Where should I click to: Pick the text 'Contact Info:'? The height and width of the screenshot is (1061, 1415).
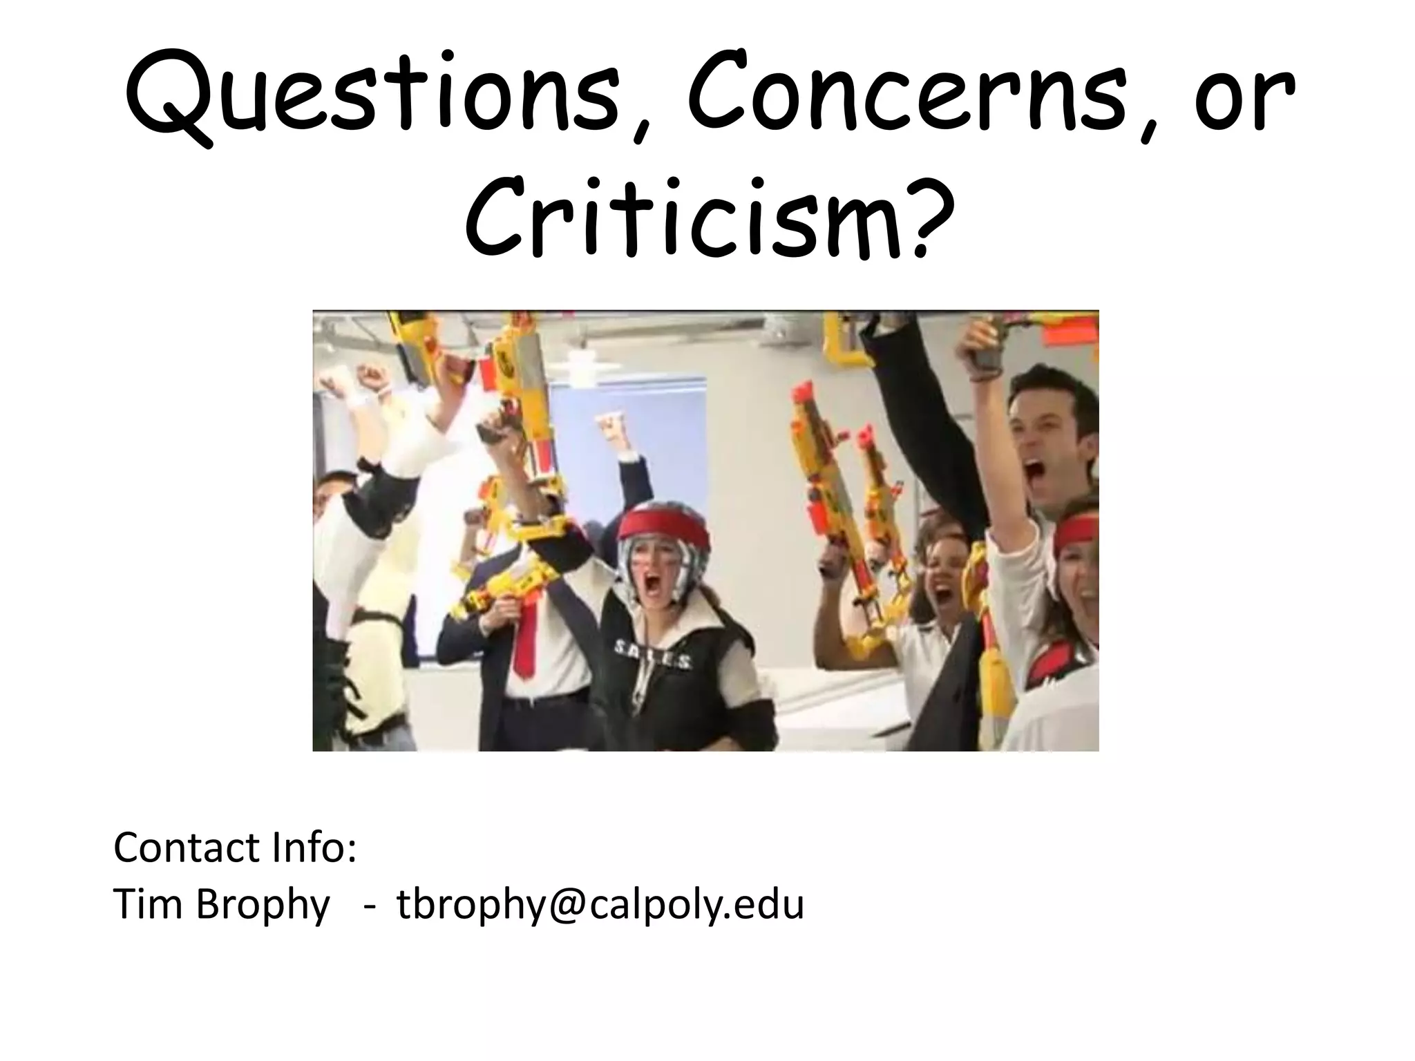pos(235,848)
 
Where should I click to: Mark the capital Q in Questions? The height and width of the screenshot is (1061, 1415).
pos(169,97)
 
